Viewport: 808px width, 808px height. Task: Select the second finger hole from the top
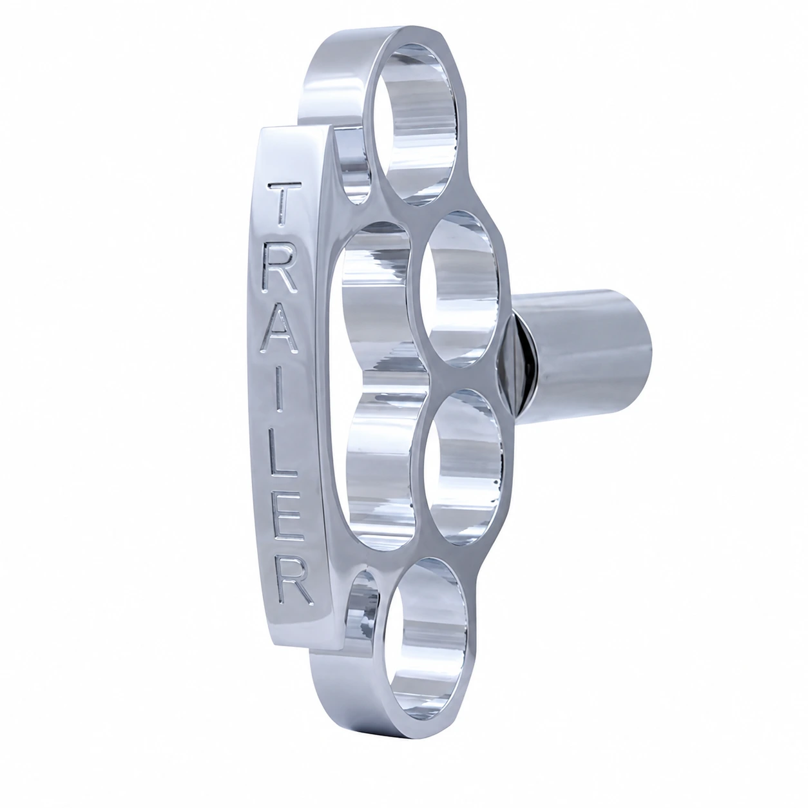point(461,289)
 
